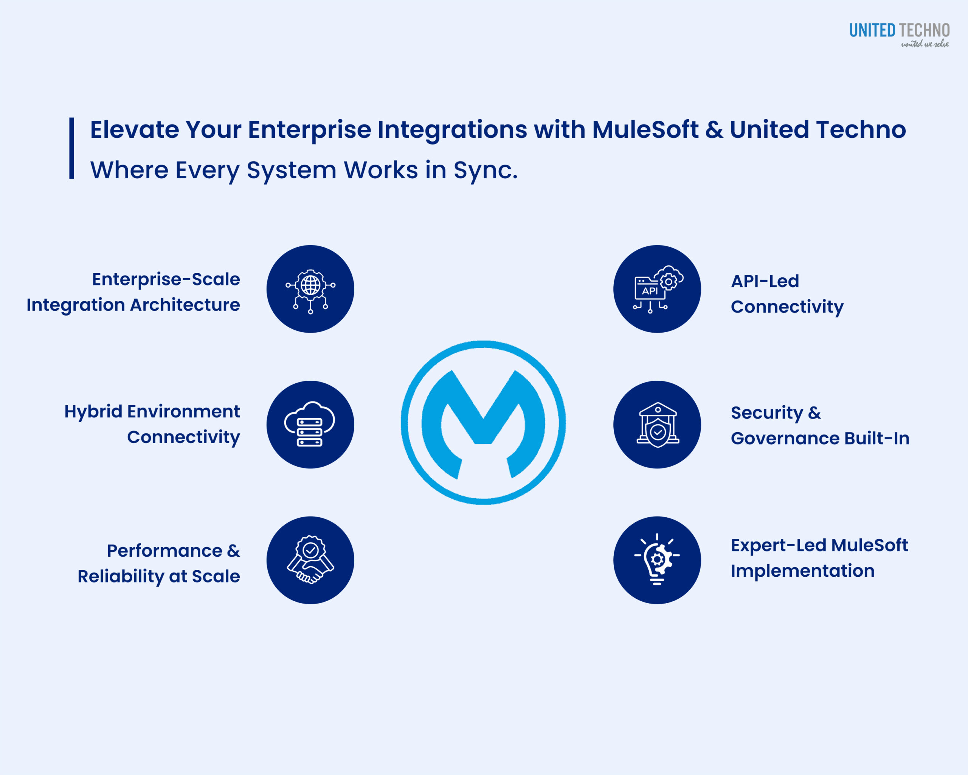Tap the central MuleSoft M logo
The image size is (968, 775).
[483, 423]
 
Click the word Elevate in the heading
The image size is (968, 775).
[135, 129]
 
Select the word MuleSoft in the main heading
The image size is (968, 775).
[645, 129]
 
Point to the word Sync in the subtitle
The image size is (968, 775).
[485, 170]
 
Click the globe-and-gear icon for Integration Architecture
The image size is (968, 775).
[310, 289]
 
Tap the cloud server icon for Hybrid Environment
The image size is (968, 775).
[310, 425]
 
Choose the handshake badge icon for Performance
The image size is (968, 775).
[310, 560]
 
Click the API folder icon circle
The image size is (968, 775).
[657, 289]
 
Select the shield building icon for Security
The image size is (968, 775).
[657, 425]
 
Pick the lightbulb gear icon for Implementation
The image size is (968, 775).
[657, 560]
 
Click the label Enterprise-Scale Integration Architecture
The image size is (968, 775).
[133, 292]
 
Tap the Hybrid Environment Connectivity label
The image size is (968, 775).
[152, 424]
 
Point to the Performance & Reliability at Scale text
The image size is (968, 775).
[159, 563]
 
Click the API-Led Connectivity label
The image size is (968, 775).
[786, 294]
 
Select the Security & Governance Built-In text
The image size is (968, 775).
[820, 425]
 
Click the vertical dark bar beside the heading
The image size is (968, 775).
[71, 148]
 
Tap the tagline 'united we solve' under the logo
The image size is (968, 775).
[925, 44]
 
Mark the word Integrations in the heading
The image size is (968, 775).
[452, 129]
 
